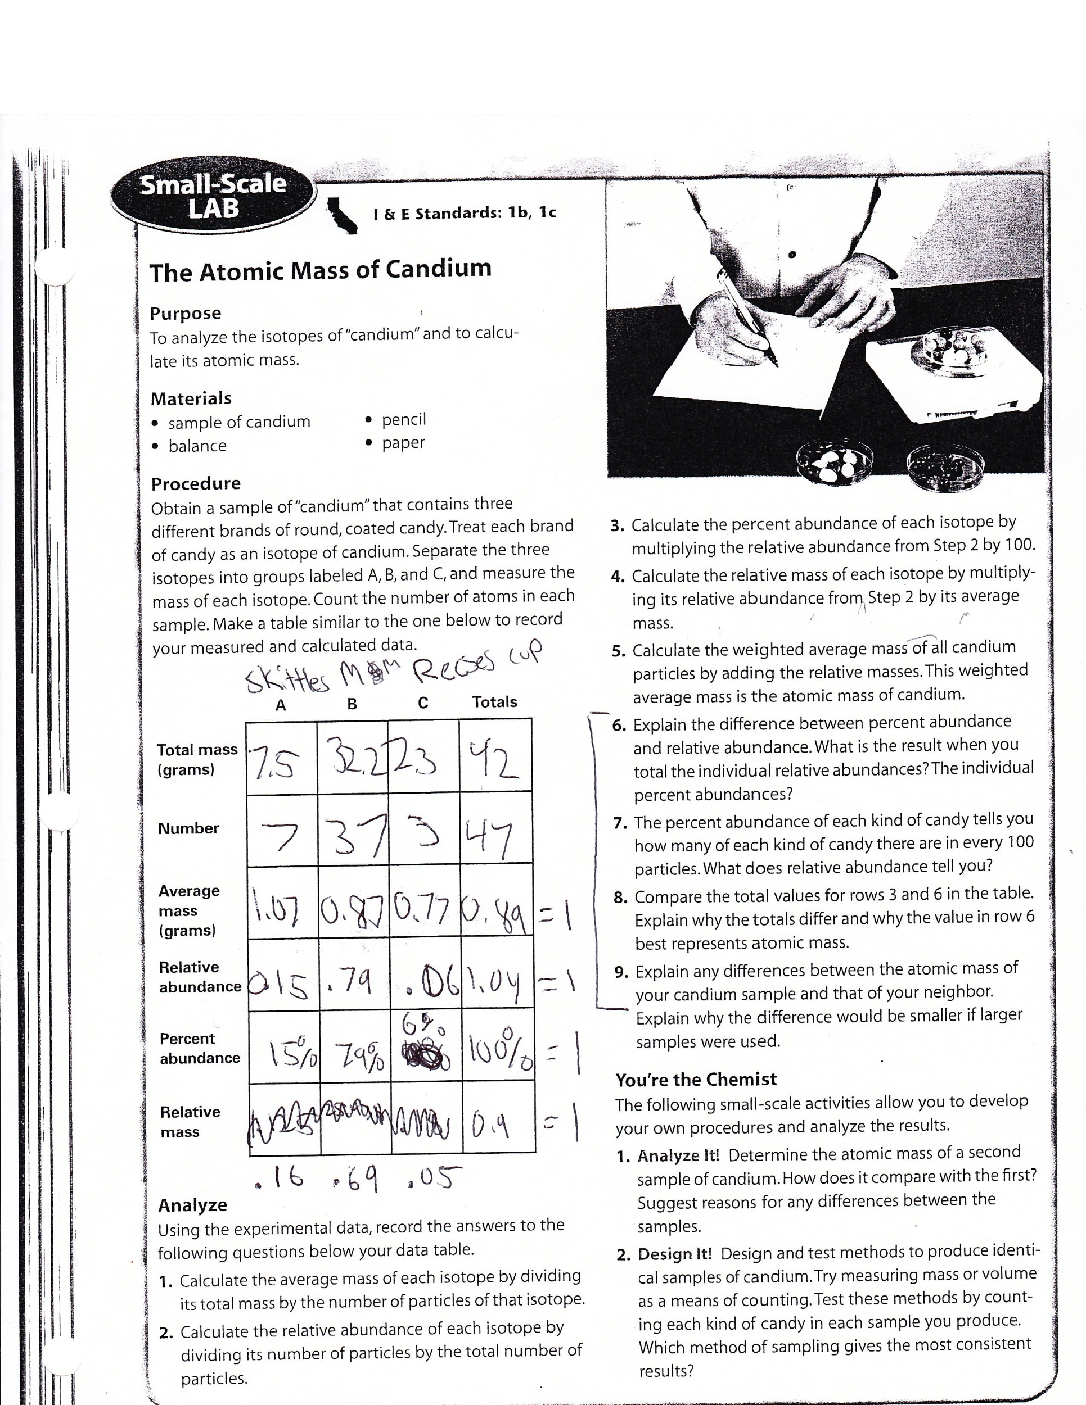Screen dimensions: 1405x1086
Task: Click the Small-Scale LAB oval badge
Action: [x=213, y=196]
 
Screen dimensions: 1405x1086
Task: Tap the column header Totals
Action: [x=494, y=702]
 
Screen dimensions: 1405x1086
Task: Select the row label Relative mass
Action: [x=190, y=1122]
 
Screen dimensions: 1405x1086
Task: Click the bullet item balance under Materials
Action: [x=197, y=446]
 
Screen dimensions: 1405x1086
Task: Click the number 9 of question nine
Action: [x=620, y=972]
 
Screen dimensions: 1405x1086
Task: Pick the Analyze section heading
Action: [x=192, y=1205]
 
